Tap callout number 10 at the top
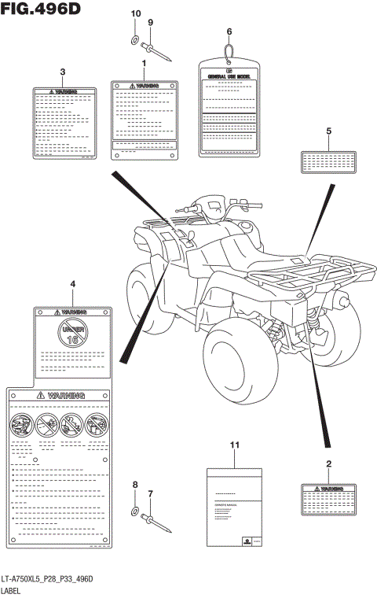[x=134, y=14]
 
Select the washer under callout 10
[x=134, y=41]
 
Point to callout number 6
[x=229, y=31]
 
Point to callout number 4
[x=72, y=284]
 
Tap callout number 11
[x=233, y=446]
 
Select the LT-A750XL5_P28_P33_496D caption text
[x=48, y=579]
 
